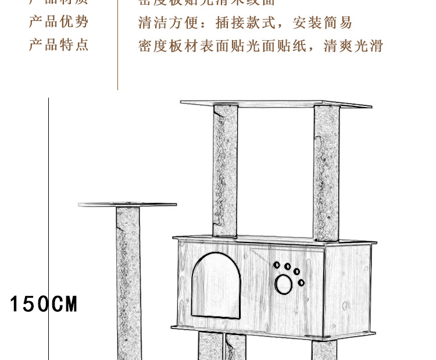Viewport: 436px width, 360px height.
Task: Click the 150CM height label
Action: pyautogui.click(x=44, y=304)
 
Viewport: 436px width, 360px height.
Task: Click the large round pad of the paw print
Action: pyautogui.click(x=284, y=284)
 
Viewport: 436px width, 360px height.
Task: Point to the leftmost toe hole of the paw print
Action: pyautogui.click(x=276, y=265)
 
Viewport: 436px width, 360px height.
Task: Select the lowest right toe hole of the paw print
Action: pyautogui.click(x=301, y=283)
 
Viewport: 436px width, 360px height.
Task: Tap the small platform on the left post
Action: pyautogui.click(x=127, y=205)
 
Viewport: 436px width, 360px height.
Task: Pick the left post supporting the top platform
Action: pyautogui.click(x=226, y=169)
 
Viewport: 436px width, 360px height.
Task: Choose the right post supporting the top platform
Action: pyautogui.click(x=326, y=172)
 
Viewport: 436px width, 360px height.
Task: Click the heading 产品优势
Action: pyautogui.click(x=59, y=22)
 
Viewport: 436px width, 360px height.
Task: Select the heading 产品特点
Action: pyautogui.click(x=59, y=45)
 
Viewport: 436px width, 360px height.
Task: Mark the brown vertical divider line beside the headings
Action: pyautogui.click(x=118, y=47)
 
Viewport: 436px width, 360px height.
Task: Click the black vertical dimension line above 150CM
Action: pyautogui.click(x=48, y=192)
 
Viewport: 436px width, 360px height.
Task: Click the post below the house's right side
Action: pyautogui.click(x=324, y=350)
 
